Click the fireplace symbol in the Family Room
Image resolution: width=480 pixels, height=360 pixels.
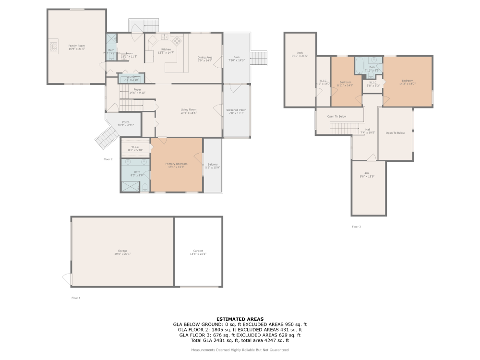[x=53, y=46]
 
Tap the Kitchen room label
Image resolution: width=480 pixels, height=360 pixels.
[x=166, y=49]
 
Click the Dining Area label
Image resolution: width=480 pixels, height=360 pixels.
[x=205, y=58]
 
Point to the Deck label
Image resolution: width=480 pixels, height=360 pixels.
[x=236, y=57]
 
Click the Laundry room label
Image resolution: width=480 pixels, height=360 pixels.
[x=131, y=77]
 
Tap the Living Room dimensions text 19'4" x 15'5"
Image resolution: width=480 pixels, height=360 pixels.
[x=189, y=113]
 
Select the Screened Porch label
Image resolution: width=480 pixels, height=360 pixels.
[x=236, y=110]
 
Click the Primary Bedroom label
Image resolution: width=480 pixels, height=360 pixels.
[x=177, y=164]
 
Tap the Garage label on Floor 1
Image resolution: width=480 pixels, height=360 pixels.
[x=123, y=251]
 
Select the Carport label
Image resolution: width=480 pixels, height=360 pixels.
[x=198, y=251]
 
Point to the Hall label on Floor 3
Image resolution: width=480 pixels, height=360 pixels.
[x=368, y=129]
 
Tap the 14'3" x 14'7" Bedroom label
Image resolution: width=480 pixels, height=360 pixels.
[x=407, y=81]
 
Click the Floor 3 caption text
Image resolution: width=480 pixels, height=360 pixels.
[x=356, y=227]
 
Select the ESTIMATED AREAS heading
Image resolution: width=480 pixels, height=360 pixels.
[x=240, y=319]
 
